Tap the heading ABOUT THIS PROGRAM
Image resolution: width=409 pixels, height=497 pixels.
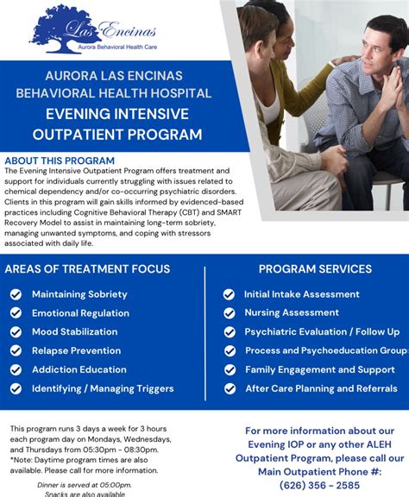[x=60, y=160]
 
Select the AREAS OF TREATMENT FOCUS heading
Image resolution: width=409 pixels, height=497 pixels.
[x=87, y=269]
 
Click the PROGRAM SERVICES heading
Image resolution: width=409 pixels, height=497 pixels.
[x=315, y=269]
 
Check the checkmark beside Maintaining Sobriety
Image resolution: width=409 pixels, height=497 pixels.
[x=16, y=294]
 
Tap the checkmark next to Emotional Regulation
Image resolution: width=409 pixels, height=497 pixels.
[x=16, y=313]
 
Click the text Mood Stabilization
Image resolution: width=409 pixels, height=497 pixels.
[x=75, y=332]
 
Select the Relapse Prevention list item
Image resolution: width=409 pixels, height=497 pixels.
[x=77, y=351]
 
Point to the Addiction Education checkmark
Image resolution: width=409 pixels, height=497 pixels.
[x=16, y=370]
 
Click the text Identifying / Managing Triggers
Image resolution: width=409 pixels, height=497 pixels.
[x=103, y=389]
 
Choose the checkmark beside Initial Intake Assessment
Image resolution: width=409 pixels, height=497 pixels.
[x=229, y=294]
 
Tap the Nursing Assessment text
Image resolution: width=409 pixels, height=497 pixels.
[x=292, y=313]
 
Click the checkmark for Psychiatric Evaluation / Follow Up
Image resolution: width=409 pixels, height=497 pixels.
[x=229, y=332]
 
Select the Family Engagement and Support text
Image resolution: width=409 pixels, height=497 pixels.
[x=320, y=370]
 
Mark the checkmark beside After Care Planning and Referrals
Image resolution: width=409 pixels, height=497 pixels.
[x=229, y=389]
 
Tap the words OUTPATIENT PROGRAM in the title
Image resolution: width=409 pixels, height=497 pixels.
[x=117, y=135]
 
